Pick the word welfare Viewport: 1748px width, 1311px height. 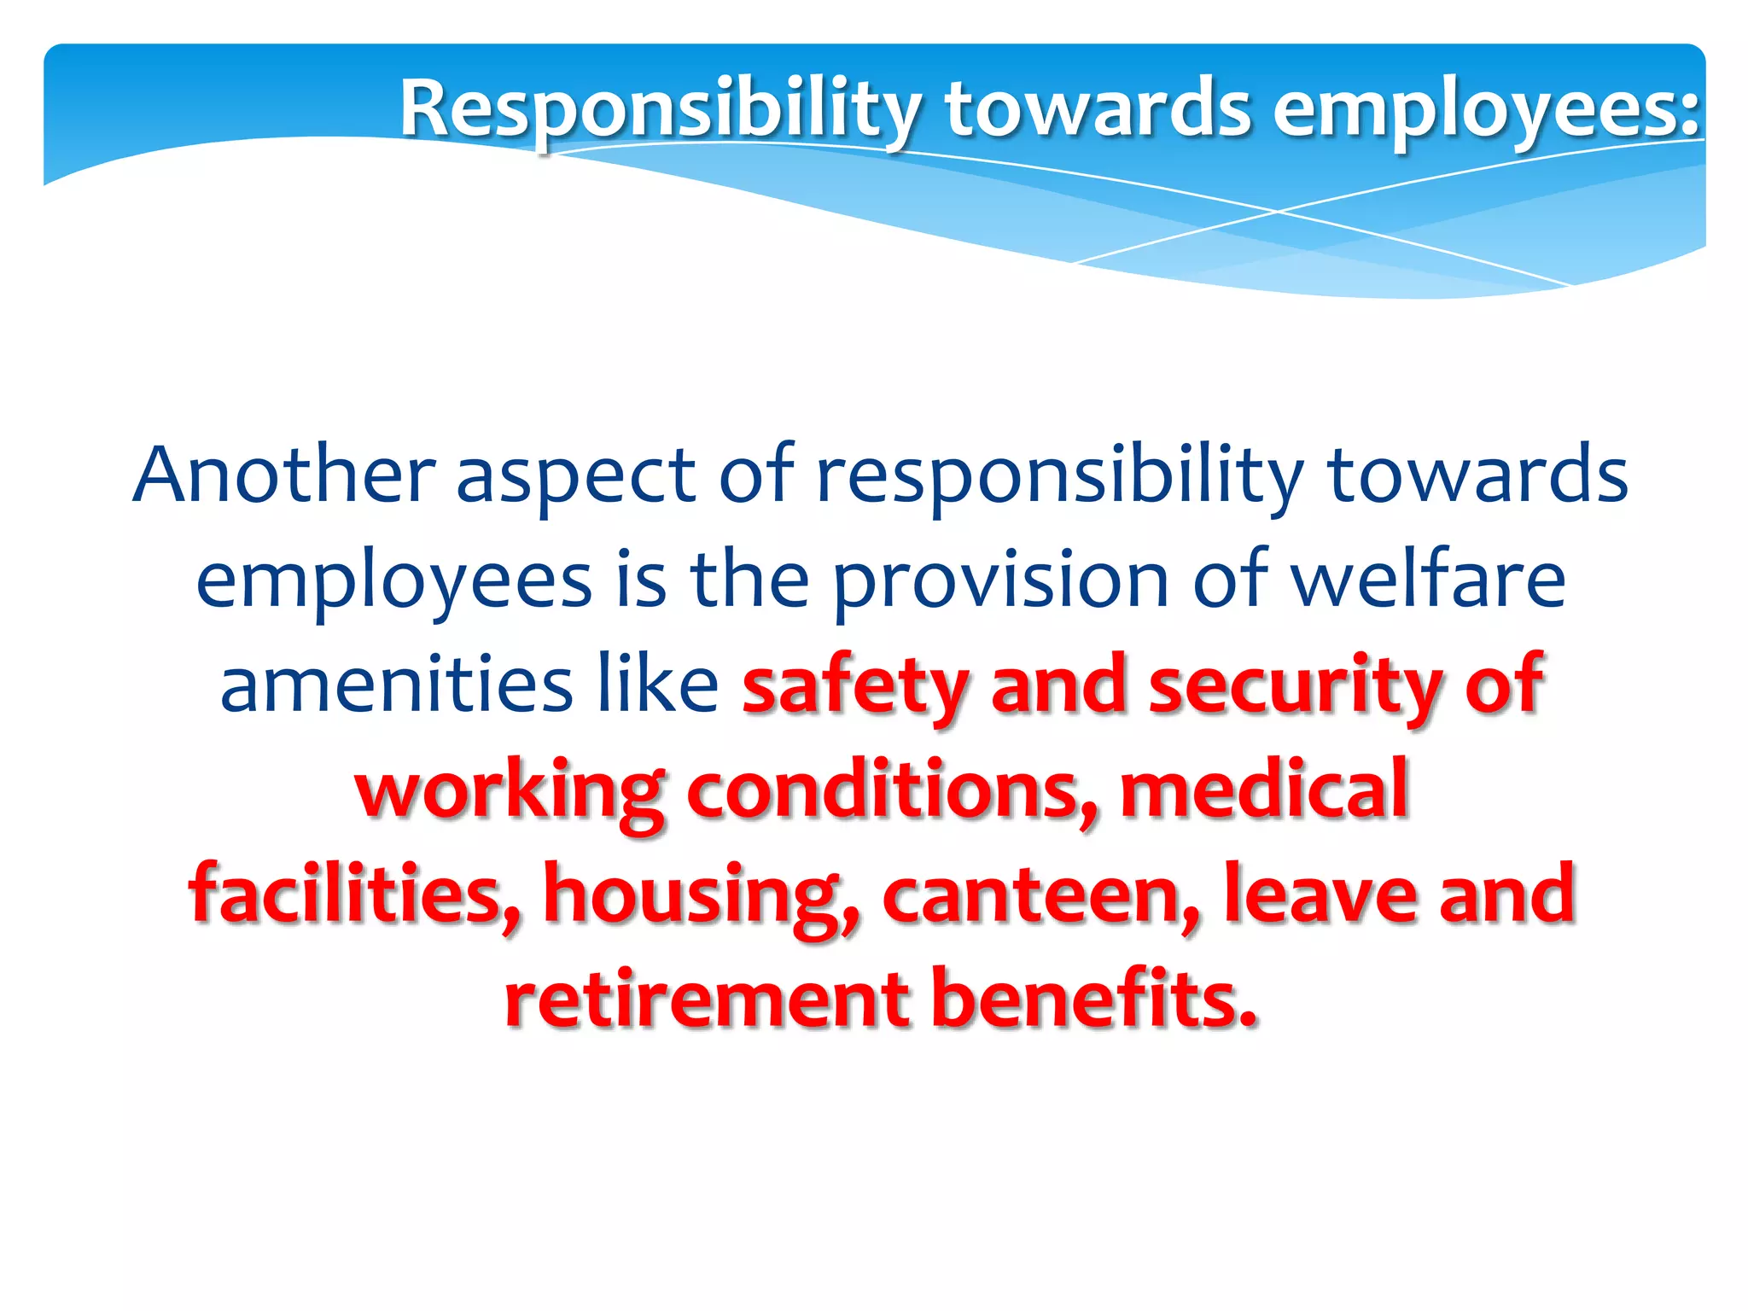(1427, 580)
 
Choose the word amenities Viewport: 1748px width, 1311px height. (396, 685)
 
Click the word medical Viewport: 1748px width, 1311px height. (1263, 790)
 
